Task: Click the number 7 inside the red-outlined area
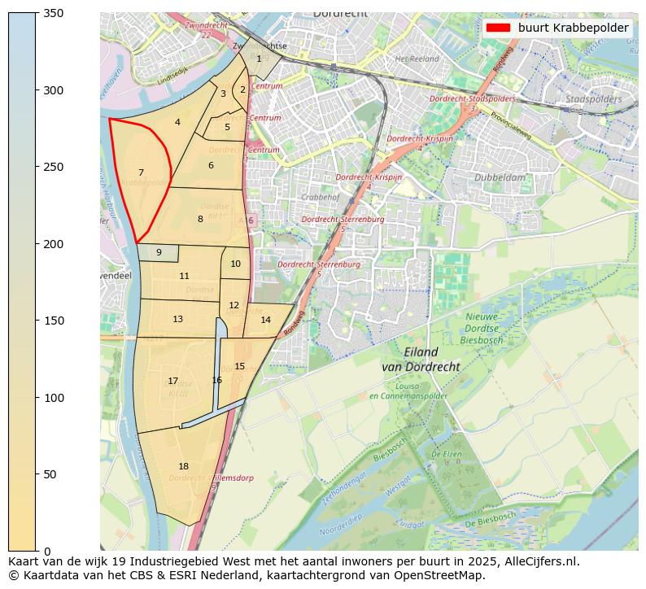coord(141,172)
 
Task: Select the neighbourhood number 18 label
coord(183,466)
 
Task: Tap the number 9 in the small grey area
coord(159,253)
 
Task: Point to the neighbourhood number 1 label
coord(259,59)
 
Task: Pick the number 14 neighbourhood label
coord(265,320)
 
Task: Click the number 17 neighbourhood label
coord(172,381)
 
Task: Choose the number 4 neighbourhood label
coord(177,123)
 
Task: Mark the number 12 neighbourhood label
coord(234,306)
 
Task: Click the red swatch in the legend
coord(498,28)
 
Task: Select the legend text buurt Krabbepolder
coord(573,28)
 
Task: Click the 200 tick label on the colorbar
coord(53,244)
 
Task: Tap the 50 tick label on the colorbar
coord(50,474)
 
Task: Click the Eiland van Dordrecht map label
coord(421,360)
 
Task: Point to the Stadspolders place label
coord(593,99)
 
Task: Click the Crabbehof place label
coord(319,197)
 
